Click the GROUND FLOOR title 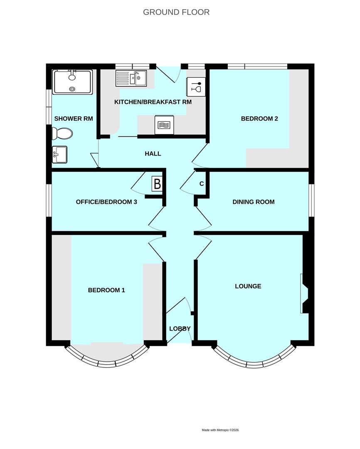pos(176,12)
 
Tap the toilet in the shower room pos(62,133)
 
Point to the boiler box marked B pos(157,183)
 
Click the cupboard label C pos(202,183)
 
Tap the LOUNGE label pos(248,286)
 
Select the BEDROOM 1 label pos(106,290)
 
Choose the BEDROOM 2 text pos(259,118)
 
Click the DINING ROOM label pos(253,202)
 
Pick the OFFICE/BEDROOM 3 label pos(106,202)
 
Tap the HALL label pos(153,154)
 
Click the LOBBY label pos(180,328)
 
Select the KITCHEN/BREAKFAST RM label pos(153,102)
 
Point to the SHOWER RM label pos(74,118)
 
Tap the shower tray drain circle pos(72,89)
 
